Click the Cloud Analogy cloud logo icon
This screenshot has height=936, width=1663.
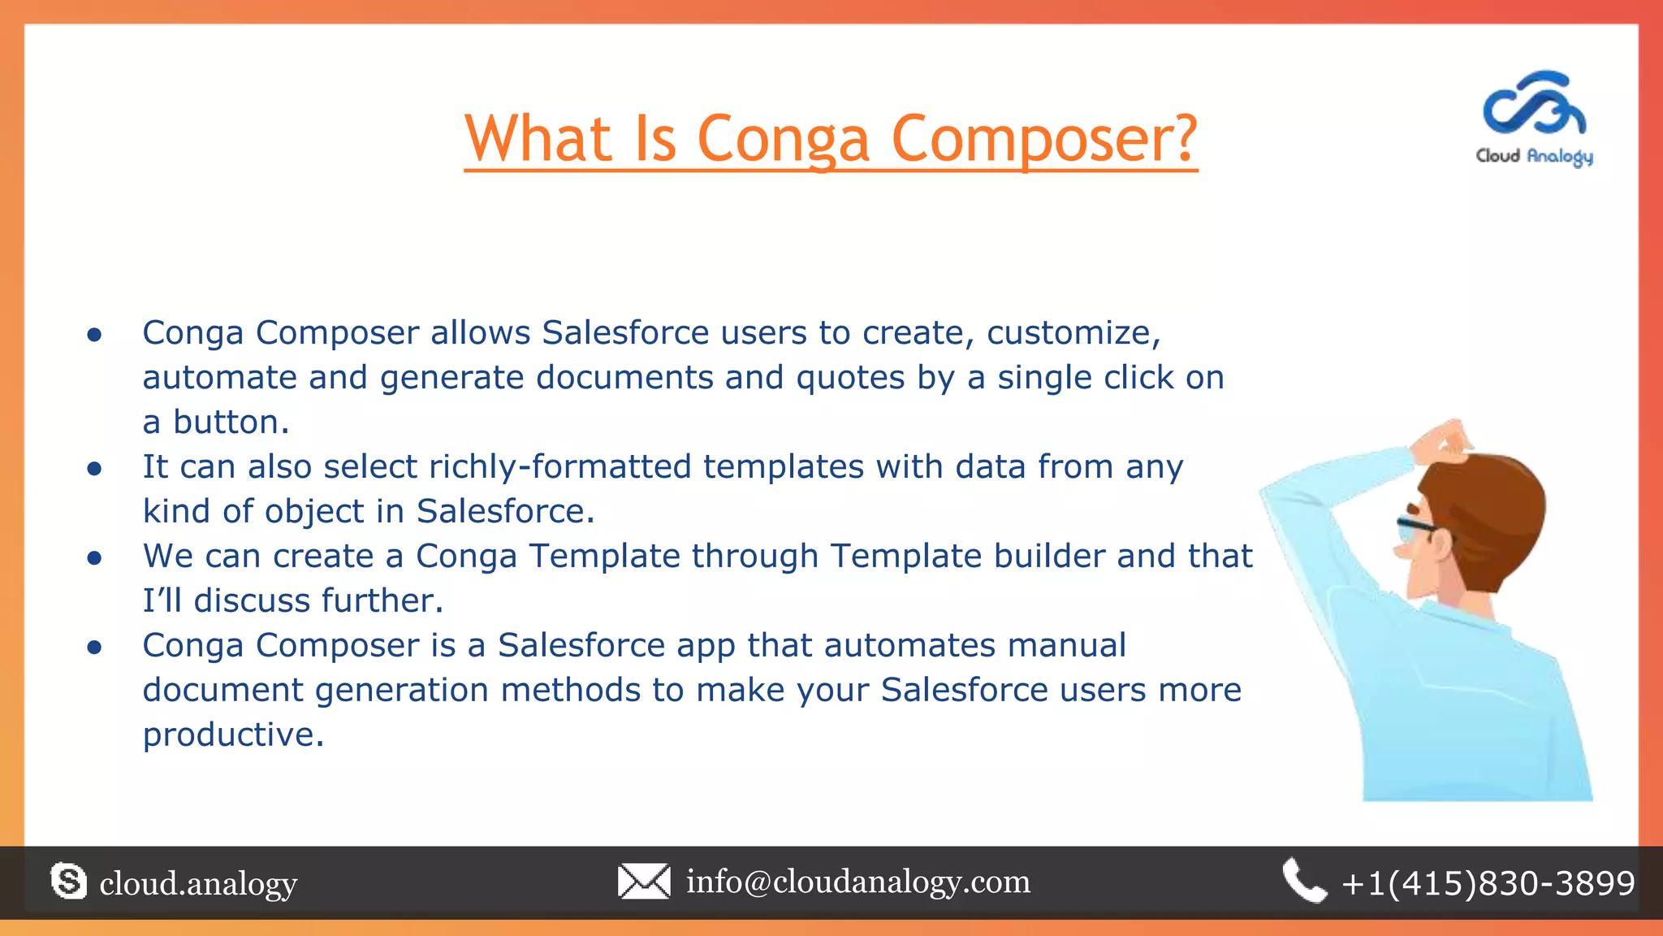point(1534,105)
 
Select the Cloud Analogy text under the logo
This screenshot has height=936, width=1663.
point(1534,156)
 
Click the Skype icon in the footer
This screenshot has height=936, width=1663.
point(68,882)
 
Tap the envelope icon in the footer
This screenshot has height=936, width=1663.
point(644,882)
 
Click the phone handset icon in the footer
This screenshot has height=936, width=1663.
point(1304,881)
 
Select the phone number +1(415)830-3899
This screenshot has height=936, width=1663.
point(1488,883)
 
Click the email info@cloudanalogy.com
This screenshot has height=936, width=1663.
point(858,882)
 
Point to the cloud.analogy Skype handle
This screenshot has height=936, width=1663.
point(198,883)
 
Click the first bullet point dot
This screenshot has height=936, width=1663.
point(94,335)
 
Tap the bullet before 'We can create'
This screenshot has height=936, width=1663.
point(94,558)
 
